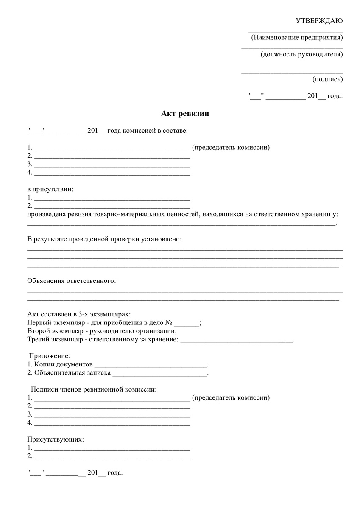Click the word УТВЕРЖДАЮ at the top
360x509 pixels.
319,21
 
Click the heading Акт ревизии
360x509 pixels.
185,113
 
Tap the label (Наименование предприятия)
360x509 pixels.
297,38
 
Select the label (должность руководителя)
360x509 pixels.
301,54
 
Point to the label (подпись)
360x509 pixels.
327,79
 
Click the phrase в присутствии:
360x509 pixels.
50,189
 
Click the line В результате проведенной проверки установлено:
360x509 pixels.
104,239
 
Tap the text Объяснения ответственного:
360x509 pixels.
71,281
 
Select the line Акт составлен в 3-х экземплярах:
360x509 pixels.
79,314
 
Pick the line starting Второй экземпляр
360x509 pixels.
102,331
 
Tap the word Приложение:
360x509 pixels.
49,356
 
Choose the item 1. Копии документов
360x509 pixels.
59,364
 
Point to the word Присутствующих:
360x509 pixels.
56,439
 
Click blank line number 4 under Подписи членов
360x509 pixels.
112,423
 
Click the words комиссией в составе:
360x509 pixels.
154,131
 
